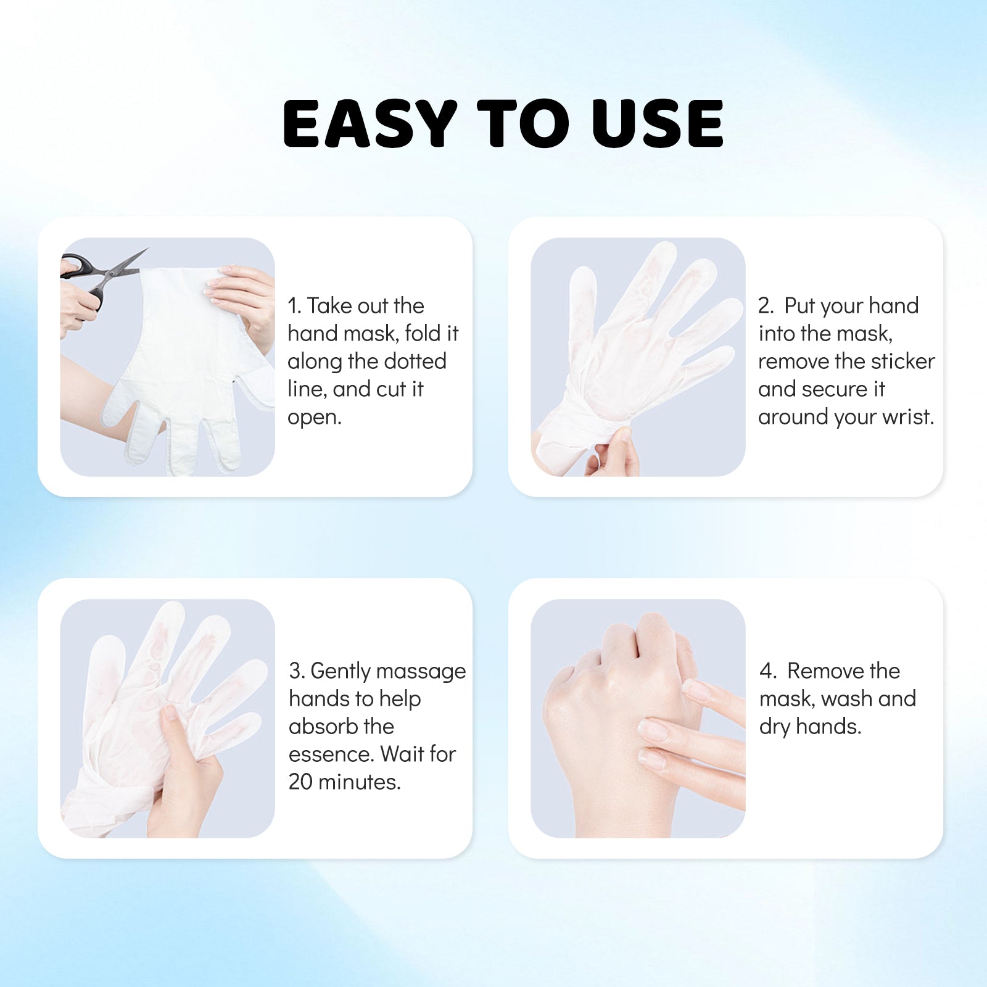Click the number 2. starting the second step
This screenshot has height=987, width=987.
click(766, 306)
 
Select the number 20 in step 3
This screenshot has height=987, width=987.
click(301, 782)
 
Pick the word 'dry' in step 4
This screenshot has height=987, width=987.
click(774, 727)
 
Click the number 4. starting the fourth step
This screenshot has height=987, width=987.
click(767, 671)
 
